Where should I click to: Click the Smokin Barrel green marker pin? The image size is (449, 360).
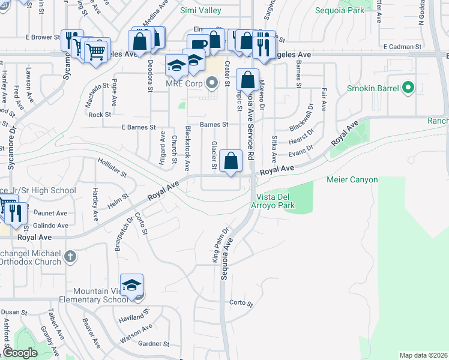pyautogui.click(x=409, y=89)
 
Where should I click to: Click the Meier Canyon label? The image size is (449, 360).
pyautogui.click(x=352, y=179)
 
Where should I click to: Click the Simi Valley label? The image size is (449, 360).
pyautogui.click(x=200, y=10)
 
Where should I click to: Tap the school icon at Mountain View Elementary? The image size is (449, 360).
pyautogui.click(x=132, y=286)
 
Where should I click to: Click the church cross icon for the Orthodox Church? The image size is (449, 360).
pyautogui.click(x=71, y=257)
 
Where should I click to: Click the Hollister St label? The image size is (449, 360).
pyautogui.click(x=112, y=167)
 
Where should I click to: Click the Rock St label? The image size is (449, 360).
pyautogui.click(x=100, y=114)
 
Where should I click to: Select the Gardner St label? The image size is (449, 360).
pyautogui.click(x=154, y=344)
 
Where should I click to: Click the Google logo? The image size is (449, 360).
pyautogui.click(x=20, y=353)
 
